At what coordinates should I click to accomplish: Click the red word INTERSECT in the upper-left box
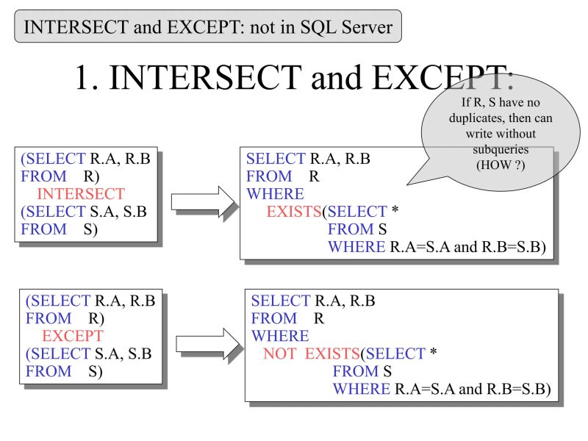81,194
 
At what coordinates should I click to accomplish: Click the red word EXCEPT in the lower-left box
73,336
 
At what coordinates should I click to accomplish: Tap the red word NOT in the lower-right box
280,354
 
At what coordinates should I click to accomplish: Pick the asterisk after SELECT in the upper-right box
395,212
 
